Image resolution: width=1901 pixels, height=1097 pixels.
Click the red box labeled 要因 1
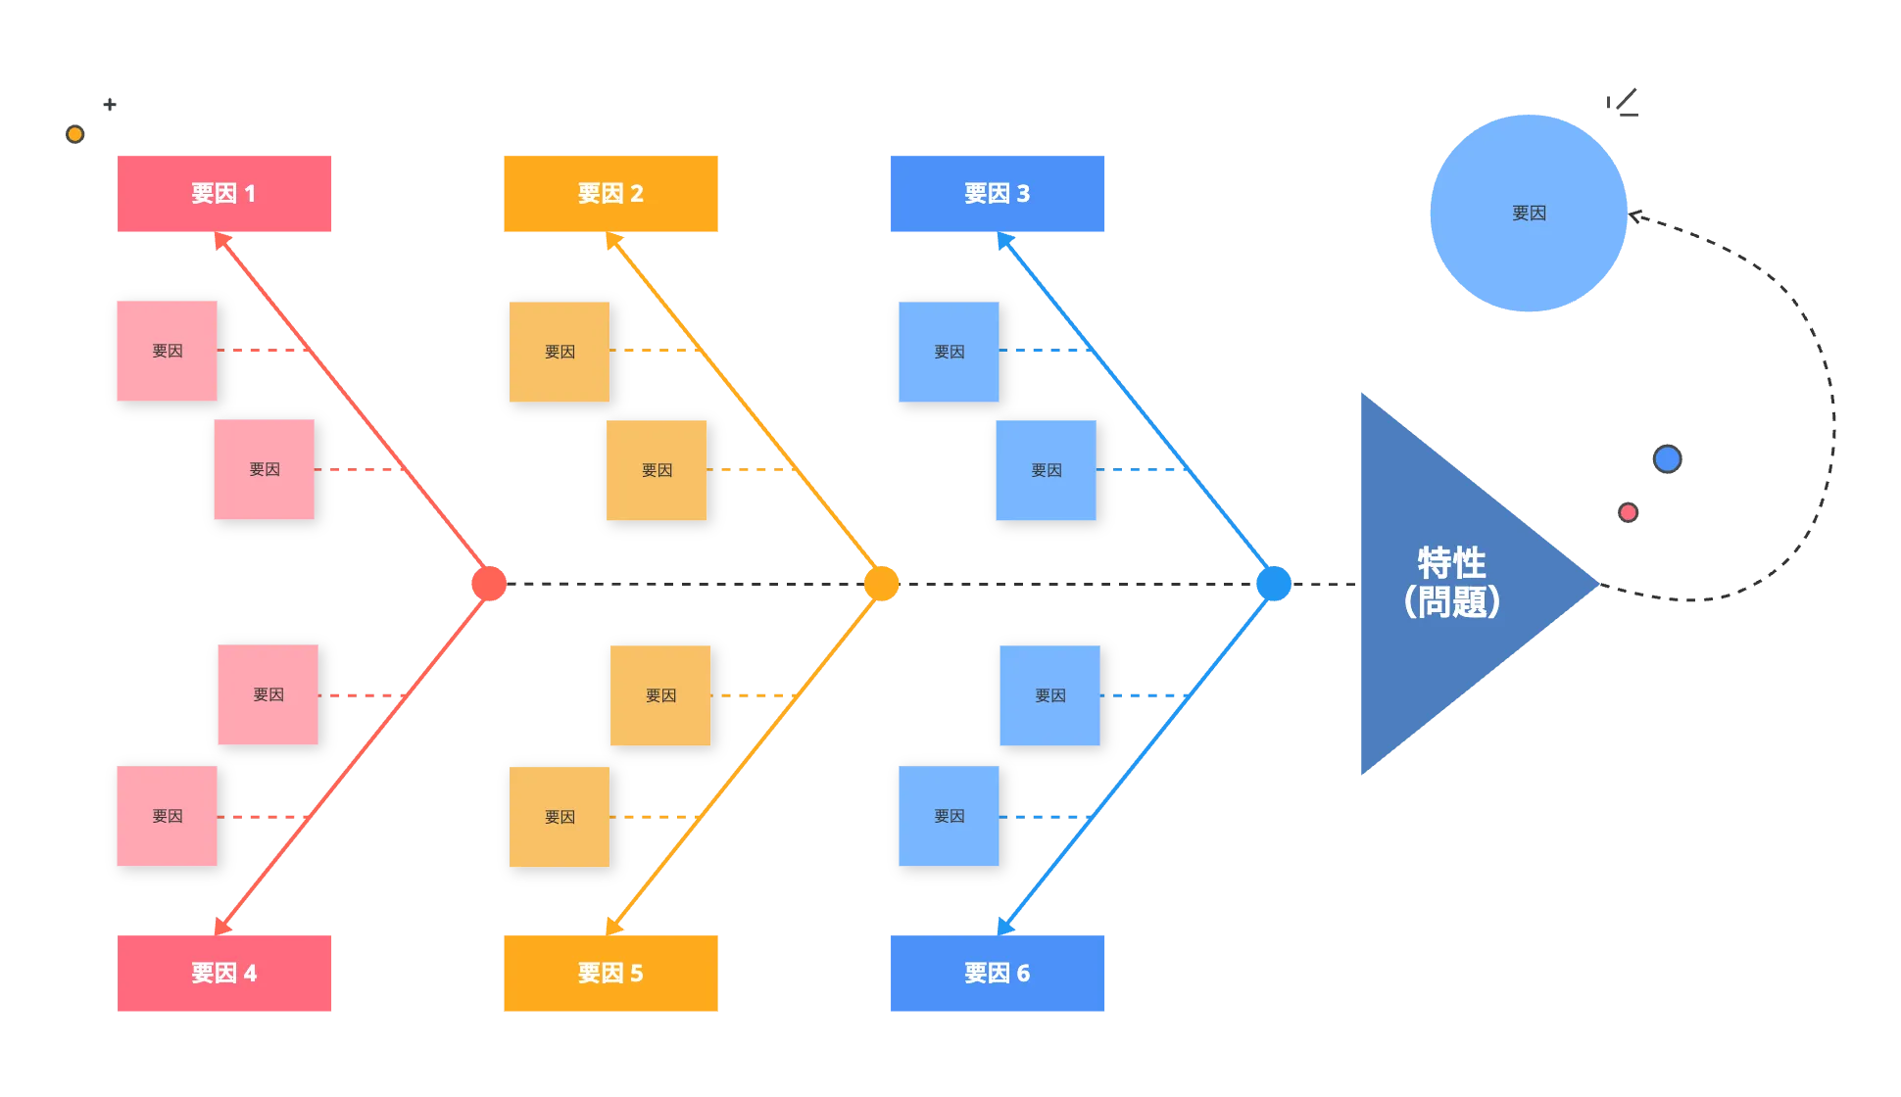[x=226, y=193]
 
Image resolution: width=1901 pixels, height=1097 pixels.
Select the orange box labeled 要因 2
[x=610, y=193]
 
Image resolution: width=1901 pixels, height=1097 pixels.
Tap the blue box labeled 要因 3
[x=996, y=193]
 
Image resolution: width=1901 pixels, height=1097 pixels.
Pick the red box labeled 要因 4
[x=226, y=974]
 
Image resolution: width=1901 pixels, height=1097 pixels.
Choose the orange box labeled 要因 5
[x=610, y=974]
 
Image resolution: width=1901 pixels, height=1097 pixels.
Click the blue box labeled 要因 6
[x=996, y=974]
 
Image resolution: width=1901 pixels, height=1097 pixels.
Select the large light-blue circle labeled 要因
[x=1529, y=213]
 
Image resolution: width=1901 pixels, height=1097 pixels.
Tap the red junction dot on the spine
[x=489, y=584]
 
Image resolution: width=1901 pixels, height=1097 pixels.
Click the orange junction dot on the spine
[x=882, y=584]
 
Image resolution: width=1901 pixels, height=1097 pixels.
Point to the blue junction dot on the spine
[x=1274, y=584]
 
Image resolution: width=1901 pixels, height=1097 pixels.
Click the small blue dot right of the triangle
[x=1667, y=458]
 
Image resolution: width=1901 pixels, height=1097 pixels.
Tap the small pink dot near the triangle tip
[x=1628, y=512]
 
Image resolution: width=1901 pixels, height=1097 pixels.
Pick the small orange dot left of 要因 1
[x=74, y=134]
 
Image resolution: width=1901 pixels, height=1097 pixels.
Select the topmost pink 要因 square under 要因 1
[x=167, y=351]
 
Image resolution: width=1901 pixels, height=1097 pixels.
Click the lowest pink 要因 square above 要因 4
[x=167, y=816]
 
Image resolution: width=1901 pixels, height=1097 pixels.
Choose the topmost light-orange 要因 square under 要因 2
[x=560, y=352]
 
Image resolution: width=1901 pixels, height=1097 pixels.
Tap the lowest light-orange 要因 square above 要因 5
[x=560, y=817]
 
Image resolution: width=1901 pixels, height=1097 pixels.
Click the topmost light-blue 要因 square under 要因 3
[x=949, y=352]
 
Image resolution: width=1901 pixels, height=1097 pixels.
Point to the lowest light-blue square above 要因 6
[x=949, y=816]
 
